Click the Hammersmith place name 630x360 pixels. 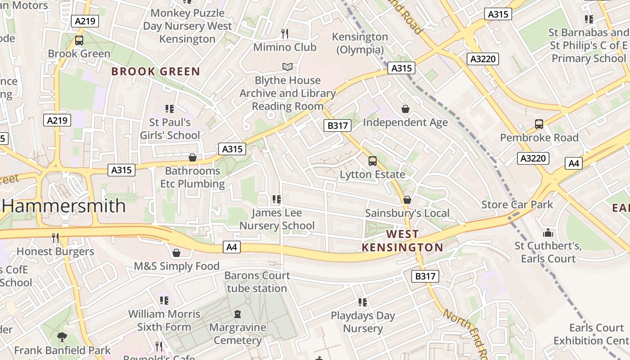pyautogui.click(x=64, y=206)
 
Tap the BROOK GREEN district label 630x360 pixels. pyautogui.click(x=155, y=72)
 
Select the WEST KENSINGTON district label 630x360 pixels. pyautogui.click(x=402, y=241)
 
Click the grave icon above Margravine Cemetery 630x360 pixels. pyautogui.click(x=238, y=314)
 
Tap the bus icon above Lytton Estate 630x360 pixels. pyautogui.click(x=372, y=161)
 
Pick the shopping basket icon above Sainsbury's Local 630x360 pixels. pyautogui.click(x=407, y=200)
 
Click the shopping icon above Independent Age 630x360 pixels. pyautogui.click(x=405, y=109)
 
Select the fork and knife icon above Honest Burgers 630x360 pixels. pyautogui.click(x=55, y=238)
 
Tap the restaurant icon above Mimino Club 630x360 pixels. pyautogui.click(x=284, y=34)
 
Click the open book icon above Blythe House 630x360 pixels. pyautogui.click(x=287, y=67)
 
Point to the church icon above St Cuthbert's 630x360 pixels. pyautogui.click(x=548, y=233)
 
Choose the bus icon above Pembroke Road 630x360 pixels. pyautogui.click(x=539, y=124)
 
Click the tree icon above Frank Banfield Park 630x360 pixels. pyautogui.click(x=62, y=337)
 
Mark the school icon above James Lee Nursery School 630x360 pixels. pyautogui.click(x=276, y=199)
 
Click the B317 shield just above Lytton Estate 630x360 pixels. pyautogui.click(x=337, y=126)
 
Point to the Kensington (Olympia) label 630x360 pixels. pyautogui.click(x=360, y=43)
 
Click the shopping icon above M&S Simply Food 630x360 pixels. pyautogui.click(x=176, y=253)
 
